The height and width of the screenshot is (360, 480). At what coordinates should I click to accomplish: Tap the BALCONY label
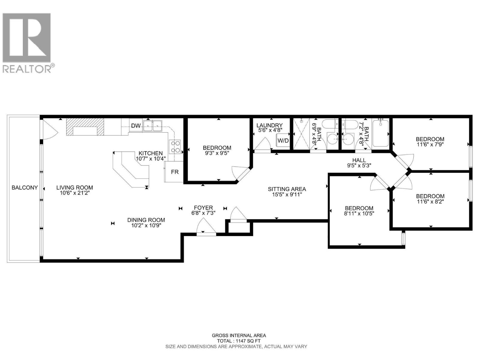coord(25,187)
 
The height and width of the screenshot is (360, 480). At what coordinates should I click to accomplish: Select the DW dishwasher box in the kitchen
coord(136,126)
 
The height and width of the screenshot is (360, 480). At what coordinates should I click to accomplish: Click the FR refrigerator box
coord(175,172)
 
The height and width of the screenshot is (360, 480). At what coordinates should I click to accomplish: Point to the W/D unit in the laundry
coord(283,140)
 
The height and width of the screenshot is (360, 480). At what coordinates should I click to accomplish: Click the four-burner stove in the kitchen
coord(175,147)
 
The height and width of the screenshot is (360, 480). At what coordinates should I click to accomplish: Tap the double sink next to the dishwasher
coord(153,126)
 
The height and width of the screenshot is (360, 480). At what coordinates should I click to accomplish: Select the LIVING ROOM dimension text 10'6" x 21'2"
coord(75,193)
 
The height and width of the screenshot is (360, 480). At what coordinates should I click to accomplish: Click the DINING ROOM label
coord(146,220)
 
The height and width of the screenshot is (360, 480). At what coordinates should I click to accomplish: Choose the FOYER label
coord(203,208)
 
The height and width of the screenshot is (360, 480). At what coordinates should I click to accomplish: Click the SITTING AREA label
coord(287,189)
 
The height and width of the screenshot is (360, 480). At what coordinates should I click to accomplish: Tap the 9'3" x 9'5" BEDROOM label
coord(217,148)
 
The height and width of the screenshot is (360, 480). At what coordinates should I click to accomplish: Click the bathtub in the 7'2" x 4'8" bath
coord(380,133)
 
